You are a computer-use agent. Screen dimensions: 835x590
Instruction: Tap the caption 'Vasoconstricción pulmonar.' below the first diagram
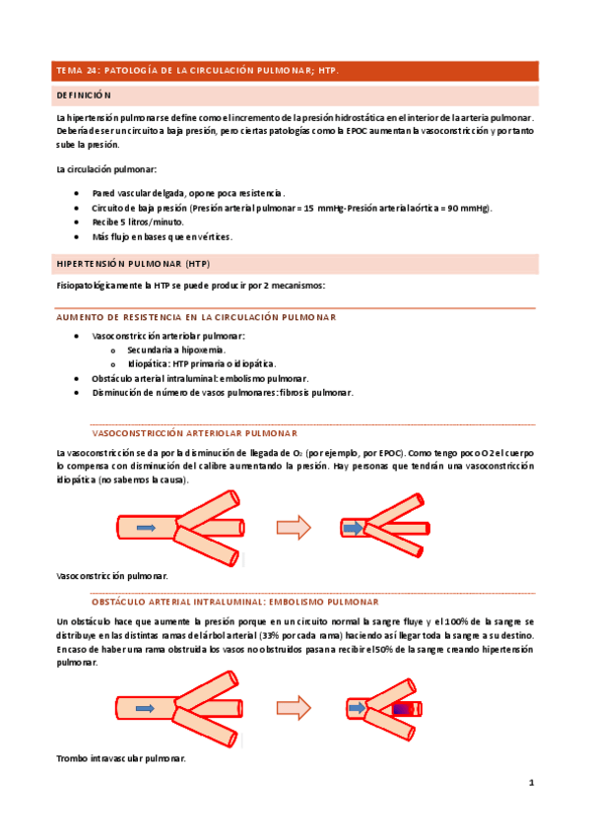tap(113, 575)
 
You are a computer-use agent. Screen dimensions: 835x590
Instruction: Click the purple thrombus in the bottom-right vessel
tap(401, 708)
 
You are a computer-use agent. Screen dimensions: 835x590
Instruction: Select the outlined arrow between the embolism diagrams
tap(293, 707)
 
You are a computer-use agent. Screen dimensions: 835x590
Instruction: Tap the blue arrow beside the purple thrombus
tap(358, 707)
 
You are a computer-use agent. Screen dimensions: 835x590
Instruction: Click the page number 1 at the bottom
tap(531, 783)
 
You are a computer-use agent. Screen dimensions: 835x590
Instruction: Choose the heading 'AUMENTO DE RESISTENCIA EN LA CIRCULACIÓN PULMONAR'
tap(196, 317)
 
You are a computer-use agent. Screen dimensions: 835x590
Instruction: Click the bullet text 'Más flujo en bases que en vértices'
tap(162, 237)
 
